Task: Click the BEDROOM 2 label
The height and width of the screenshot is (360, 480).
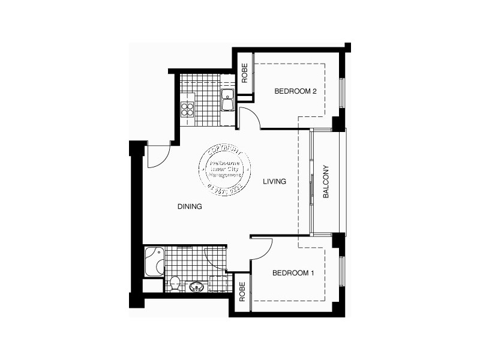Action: (295, 92)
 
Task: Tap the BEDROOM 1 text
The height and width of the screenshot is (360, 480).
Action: (293, 273)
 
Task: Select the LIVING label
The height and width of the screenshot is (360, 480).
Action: (274, 181)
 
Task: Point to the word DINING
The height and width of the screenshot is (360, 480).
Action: (190, 206)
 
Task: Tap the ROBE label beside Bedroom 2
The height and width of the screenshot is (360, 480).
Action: (245, 73)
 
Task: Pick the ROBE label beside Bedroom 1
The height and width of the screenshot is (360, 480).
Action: (242, 291)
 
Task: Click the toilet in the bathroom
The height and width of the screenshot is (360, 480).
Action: (174, 283)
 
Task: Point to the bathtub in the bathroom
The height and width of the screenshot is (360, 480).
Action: (154, 261)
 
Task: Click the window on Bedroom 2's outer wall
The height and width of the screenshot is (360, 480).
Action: (343, 93)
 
